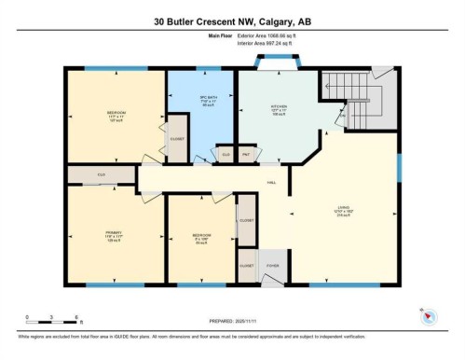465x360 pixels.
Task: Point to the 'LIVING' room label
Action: (x=344, y=207)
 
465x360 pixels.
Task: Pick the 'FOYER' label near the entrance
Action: (x=273, y=265)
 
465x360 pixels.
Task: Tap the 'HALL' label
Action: (x=272, y=182)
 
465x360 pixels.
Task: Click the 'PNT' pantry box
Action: (x=246, y=154)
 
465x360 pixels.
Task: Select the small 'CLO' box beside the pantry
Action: (x=226, y=154)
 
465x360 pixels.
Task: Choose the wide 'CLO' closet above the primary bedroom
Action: (x=101, y=174)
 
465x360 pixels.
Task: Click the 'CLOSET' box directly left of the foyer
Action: (x=246, y=265)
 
